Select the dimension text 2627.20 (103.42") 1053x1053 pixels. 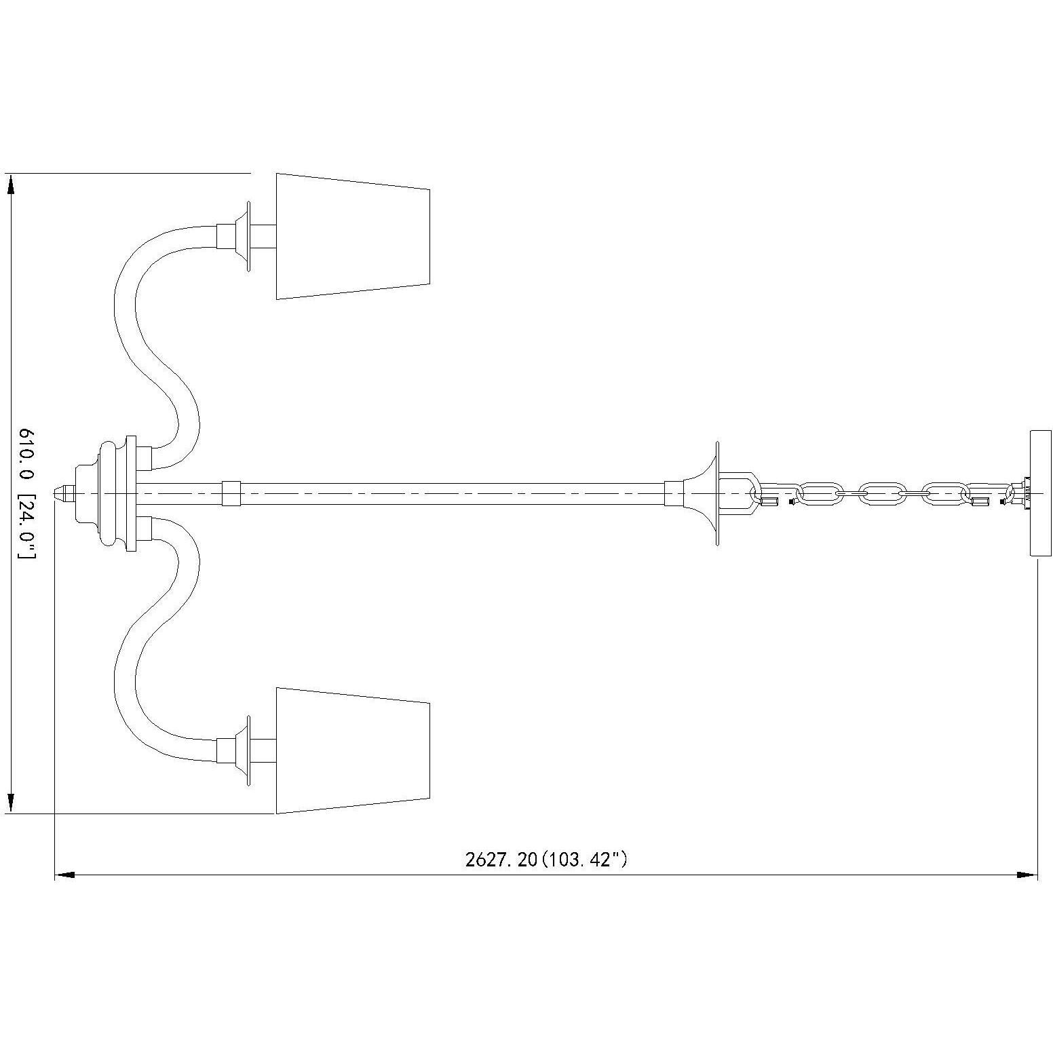click(546, 860)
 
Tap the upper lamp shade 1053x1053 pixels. click(352, 236)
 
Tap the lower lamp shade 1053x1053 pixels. click(352, 750)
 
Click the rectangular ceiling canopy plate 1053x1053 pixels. click(1039, 493)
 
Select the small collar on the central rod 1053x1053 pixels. click(231, 493)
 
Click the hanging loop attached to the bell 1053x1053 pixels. click(740, 493)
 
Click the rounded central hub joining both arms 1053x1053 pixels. click(112, 493)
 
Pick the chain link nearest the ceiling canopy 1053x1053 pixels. click(987, 493)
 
